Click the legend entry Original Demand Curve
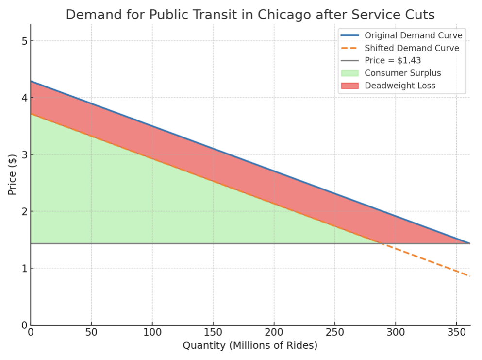[x=414, y=35]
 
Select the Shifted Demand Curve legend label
[x=412, y=48]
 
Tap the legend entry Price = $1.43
[x=393, y=61]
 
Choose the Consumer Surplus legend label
[x=403, y=73]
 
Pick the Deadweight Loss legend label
[x=400, y=86]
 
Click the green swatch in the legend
[x=349, y=73]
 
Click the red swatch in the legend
[x=349, y=86]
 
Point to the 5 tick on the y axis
[x=23, y=41]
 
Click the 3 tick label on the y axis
[x=23, y=154]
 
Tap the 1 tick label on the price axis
[x=23, y=268]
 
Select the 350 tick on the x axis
[x=456, y=333]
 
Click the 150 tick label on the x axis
[x=213, y=333]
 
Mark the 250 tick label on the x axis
[x=334, y=333]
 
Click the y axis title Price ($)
[x=12, y=174]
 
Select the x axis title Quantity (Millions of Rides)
[x=250, y=346]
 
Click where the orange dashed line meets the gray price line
[x=382, y=243]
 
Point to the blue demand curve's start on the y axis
[x=31, y=81]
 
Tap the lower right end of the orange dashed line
[x=469, y=276]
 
